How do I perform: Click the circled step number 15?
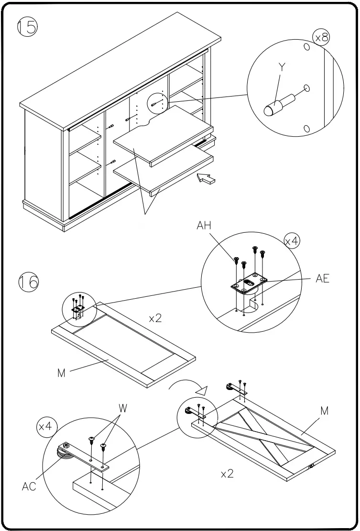tap(28, 27)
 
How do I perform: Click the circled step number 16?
tap(28, 282)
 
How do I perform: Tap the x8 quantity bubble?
tap(321, 38)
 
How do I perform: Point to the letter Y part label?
tap(282, 67)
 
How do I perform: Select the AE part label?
tap(322, 279)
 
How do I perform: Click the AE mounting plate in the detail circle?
tap(248, 283)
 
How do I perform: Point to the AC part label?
tap(29, 487)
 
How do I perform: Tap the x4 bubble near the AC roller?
tap(45, 426)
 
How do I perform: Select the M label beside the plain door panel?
tap(61, 373)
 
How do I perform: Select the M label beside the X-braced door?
tap(324, 411)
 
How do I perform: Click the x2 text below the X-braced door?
tap(227, 475)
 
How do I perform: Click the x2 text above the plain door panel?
tap(155, 318)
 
